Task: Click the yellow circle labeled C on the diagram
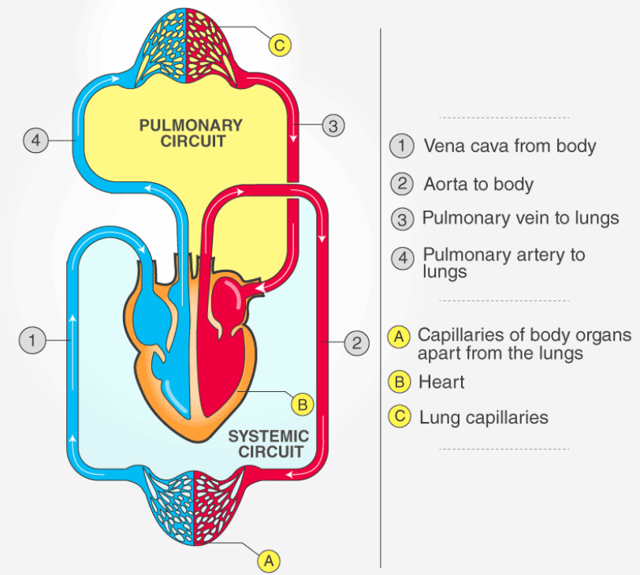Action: point(280,44)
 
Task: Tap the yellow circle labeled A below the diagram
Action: point(269,560)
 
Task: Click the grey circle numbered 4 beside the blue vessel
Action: point(34,141)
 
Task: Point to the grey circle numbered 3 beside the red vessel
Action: point(333,125)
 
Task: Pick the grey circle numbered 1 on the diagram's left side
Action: point(31,341)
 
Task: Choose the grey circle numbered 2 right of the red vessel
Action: point(356,343)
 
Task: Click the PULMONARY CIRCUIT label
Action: point(191,133)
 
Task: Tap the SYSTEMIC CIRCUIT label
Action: point(268,444)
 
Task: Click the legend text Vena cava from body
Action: point(509,146)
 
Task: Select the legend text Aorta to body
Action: point(478,185)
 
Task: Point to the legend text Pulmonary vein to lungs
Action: point(520,218)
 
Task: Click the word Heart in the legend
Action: point(441,383)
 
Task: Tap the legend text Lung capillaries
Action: point(483,417)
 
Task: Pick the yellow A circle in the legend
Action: point(400,337)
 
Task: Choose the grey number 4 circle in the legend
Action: point(402,258)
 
